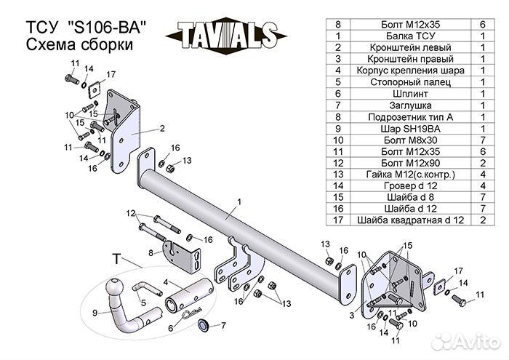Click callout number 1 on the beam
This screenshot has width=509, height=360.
(x=239, y=199)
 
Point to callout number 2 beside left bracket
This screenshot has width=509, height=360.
(x=162, y=128)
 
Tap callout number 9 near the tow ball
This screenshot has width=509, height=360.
(x=95, y=313)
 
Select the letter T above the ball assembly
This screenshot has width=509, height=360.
(x=116, y=258)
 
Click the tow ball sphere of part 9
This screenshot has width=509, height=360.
(x=116, y=287)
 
